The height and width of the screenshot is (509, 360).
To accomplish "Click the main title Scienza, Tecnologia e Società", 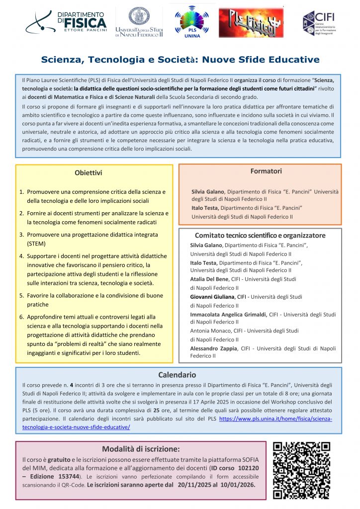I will (180, 60).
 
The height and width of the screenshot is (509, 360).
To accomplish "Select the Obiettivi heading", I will (89, 173).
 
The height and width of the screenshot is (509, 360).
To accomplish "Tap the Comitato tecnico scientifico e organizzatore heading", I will (260, 235).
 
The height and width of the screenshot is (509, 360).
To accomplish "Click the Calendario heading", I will (177, 375).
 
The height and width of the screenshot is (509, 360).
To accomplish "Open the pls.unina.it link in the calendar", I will (276, 419).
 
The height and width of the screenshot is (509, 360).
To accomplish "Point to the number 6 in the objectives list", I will (22, 317).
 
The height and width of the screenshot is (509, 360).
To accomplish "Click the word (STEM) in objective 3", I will (36, 244).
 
